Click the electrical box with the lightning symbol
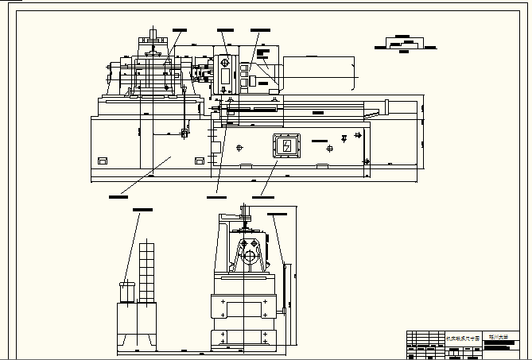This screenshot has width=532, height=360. click(x=285, y=145)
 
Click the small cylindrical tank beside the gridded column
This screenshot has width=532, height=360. click(x=126, y=291)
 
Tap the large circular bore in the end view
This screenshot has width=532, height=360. click(x=248, y=257)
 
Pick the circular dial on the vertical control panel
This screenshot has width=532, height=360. click(x=225, y=62)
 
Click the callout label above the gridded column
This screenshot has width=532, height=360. click(x=143, y=209)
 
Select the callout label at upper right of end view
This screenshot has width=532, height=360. click(x=278, y=214)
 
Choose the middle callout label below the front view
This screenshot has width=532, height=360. click(x=216, y=195)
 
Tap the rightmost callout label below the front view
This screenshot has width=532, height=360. click(x=262, y=195)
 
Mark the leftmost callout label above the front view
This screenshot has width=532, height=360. click(x=183, y=29)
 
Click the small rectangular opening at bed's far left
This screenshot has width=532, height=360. click(x=102, y=161)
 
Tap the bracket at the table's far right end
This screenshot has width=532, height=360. click(x=387, y=106)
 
